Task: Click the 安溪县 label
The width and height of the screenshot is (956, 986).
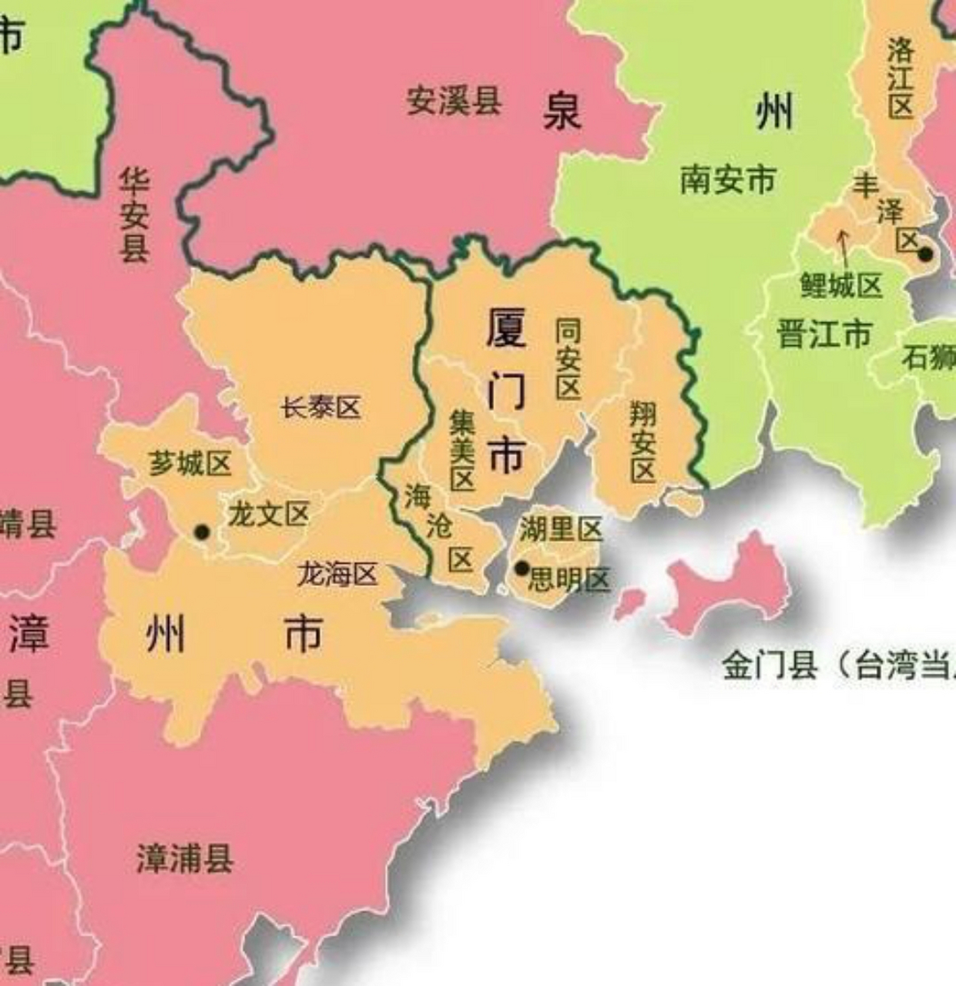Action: click(x=454, y=102)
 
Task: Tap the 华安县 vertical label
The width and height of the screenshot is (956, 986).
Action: click(x=134, y=216)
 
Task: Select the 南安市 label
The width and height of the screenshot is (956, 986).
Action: click(x=727, y=181)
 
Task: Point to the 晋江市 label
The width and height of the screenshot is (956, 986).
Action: click(x=824, y=334)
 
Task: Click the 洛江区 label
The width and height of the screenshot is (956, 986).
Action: click(x=900, y=79)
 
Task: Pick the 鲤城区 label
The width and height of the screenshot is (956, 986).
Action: click(x=840, y=286)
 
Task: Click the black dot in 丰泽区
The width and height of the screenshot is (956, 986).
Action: click(x=925, y=253)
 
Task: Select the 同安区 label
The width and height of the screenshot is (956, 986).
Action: click(x=569, y=359)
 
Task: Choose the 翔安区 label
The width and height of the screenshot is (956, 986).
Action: click(x=642, y=442)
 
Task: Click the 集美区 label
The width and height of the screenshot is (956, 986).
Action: click(x=461, y=450)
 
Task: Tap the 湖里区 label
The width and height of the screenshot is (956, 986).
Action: click(x=560, y=529)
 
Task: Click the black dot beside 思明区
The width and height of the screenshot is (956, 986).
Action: click(x=522, y=568)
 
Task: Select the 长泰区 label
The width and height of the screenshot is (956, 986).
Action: click(x=320, y=407)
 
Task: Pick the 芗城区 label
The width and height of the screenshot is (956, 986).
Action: click(x=190, y=464)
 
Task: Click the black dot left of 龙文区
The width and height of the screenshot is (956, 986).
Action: click(x=202, y=532)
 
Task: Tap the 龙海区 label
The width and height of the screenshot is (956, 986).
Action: click(x=337, y=574)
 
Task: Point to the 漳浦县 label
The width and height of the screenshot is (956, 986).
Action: click(x=184, y=858)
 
